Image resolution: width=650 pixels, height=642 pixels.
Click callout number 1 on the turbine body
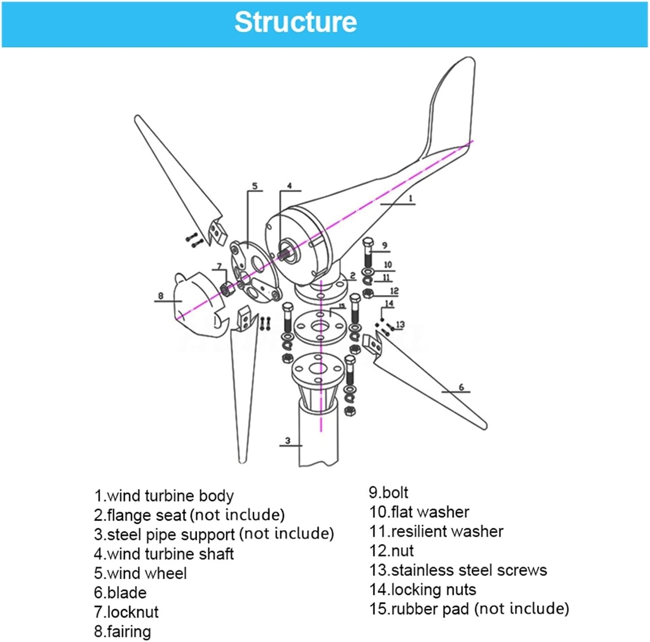[410, 199]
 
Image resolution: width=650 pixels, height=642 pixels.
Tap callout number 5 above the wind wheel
[254, 186]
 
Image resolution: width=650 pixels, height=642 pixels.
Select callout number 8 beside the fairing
[161, 296]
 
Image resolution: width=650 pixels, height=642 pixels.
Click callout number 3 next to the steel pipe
[288, 441]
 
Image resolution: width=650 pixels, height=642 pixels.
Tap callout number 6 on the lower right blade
[461, 387]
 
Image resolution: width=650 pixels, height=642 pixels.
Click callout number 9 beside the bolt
[384, 246]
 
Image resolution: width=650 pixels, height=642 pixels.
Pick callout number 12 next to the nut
[394, 291]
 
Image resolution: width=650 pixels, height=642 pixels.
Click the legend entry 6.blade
[120, 593]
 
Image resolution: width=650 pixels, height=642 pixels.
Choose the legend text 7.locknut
[126, 612]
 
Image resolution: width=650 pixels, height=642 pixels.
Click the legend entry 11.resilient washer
[436, 532]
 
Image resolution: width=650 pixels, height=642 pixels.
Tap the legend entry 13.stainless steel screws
[458, 570]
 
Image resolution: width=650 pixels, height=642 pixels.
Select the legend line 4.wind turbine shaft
[164, 554]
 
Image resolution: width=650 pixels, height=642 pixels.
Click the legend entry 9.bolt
[388, 493]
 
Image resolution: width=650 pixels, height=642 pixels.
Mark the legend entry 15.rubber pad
[469, 609]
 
